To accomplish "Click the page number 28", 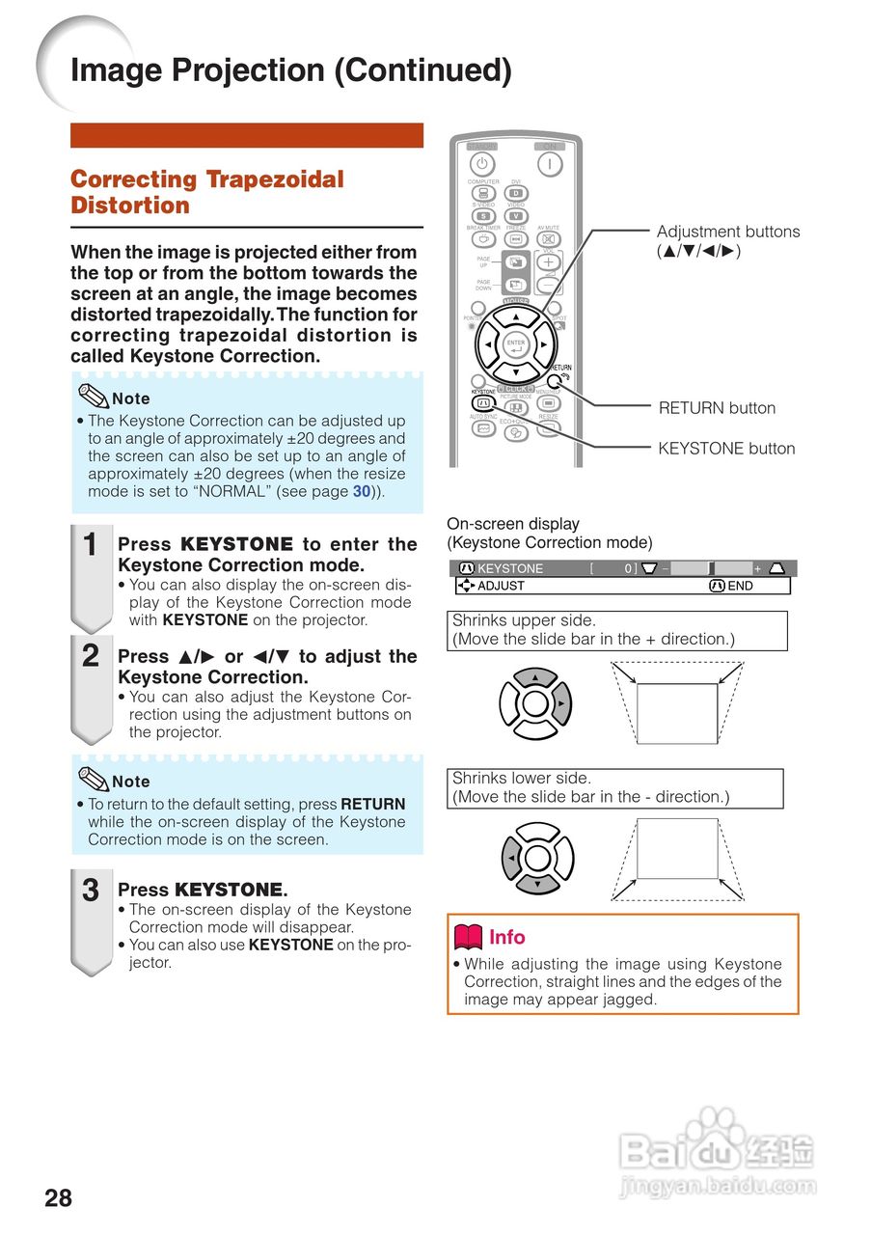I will click(58, 1198).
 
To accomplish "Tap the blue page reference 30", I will click(362, 492).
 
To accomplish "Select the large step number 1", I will click(90, 545).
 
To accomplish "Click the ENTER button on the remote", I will click(516, 344).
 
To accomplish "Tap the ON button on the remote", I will click(550, 164).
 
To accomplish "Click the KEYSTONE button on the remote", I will click(483, 402).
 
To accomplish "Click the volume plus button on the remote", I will click(548, 262).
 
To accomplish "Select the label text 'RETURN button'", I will click(717, 408).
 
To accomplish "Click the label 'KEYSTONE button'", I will click(726, 449).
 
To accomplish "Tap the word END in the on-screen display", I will click(741, 586).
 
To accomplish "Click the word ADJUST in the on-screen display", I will click(502, 586).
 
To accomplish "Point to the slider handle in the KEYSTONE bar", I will click(712, 568).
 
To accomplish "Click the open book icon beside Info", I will click(468, 937).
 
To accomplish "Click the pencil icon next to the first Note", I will click(94, 397).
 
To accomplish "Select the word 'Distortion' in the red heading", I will click(130, 206).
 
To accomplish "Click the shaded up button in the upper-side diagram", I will click(535, 677).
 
